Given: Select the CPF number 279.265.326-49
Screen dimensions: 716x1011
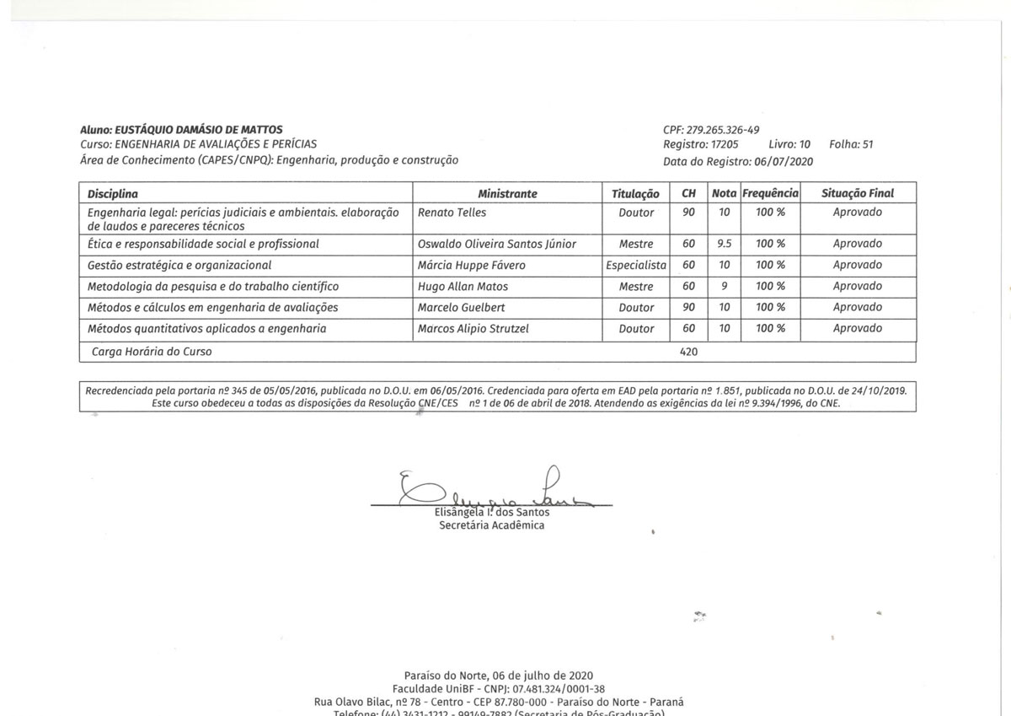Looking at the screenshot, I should pos(723,129).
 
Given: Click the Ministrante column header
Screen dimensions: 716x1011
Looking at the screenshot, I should pos(507,193).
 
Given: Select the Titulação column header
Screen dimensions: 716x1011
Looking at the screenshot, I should pos(635,193).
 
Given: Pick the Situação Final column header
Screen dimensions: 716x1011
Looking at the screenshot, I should pos(857,193).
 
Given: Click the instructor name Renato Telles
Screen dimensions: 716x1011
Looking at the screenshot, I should pos(452,213).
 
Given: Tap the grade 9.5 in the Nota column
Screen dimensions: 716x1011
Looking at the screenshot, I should pos(724,244).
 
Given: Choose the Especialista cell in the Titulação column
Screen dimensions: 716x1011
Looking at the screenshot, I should pos(636,265).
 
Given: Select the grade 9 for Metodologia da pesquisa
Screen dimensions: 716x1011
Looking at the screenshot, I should pos(724,287).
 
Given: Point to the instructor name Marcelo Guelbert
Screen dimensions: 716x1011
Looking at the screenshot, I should pos(462,308).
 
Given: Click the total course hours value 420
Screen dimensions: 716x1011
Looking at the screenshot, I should pos(688,352).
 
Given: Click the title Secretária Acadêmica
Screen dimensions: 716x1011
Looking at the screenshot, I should pos(492,525).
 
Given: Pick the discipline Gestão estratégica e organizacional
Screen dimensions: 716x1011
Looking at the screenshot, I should pos(179,265).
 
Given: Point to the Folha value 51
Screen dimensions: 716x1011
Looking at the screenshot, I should pos(862,144).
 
